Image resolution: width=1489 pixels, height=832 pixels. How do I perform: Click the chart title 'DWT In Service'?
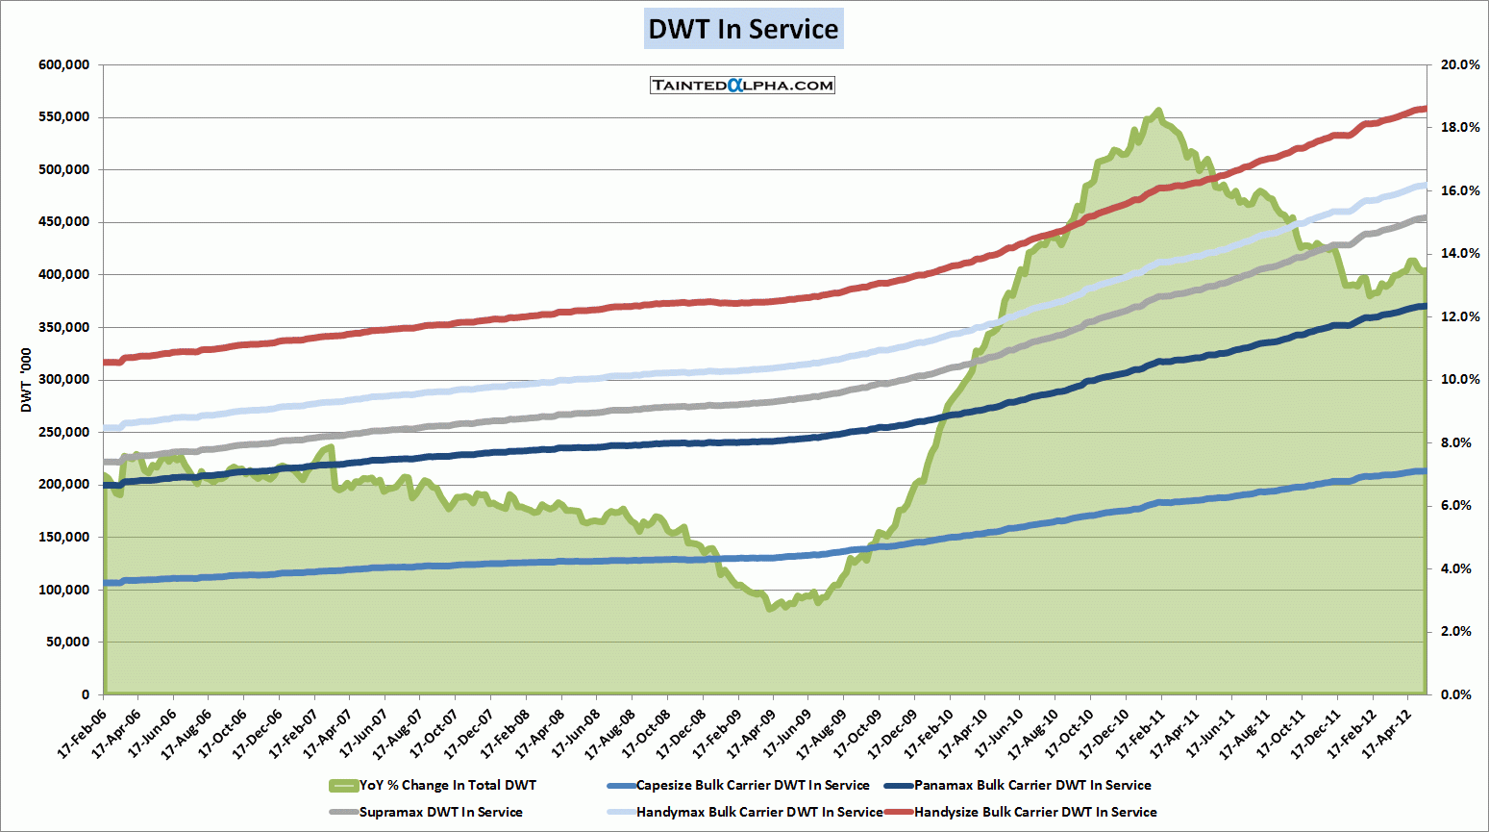click(743, 29)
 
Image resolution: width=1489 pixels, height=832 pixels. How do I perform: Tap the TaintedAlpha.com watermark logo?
click(742, 85)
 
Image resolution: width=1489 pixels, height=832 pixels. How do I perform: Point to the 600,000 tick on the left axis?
click(64, 64)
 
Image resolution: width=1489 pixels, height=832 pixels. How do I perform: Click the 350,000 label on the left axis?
click(64, 327)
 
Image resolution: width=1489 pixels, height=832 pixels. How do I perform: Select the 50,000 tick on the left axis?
click(68, 642)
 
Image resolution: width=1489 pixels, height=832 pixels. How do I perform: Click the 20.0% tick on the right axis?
click(1460, 64)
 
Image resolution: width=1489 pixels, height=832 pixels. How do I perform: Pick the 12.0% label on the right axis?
click(1460, 316)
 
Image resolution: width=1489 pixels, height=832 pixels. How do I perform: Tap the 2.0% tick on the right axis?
click(1456, 631)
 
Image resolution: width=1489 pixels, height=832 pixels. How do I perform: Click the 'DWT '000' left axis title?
click(26, 380)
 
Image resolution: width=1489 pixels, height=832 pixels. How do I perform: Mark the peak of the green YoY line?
click(1158, 111)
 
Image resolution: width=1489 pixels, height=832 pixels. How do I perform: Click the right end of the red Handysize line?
click(1425, 109)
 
